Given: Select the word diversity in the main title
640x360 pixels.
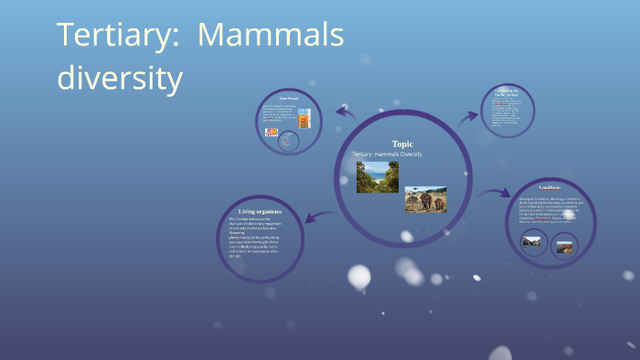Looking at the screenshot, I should (120, 78).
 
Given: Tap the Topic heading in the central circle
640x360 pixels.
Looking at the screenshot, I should (402, 144).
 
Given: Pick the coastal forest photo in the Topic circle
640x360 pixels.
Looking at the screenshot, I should (377, 177).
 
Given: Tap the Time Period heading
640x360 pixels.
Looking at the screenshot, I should (290, 99).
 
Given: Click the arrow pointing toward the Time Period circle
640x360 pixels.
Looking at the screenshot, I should (346, 113).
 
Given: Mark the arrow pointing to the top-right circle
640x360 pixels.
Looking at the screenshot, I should (467, 116).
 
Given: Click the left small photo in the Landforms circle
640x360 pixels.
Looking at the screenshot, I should (531, 242).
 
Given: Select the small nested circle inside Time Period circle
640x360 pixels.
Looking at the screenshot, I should (289, 141).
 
